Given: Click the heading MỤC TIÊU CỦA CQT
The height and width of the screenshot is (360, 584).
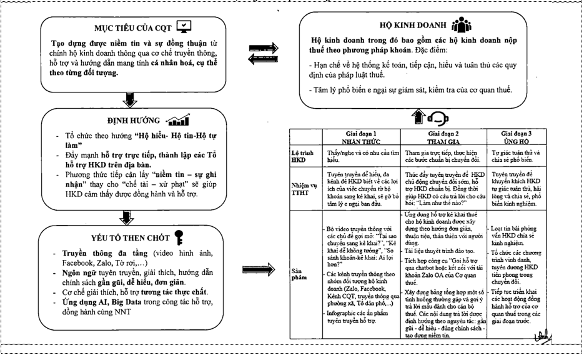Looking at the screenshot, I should point(133,27).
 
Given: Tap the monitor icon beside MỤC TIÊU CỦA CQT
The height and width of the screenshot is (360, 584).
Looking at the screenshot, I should point(184,26).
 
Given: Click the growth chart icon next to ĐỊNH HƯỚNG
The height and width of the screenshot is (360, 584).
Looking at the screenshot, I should point(177,119).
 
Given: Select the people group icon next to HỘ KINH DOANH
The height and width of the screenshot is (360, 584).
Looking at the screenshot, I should point(460,24).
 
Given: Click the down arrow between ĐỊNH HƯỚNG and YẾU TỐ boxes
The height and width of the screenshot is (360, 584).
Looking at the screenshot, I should point(129,217).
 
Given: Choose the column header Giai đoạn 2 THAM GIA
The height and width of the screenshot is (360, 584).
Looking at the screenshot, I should point(444,138).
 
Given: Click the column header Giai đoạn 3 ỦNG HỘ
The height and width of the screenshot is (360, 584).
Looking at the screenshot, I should point(523,138).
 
